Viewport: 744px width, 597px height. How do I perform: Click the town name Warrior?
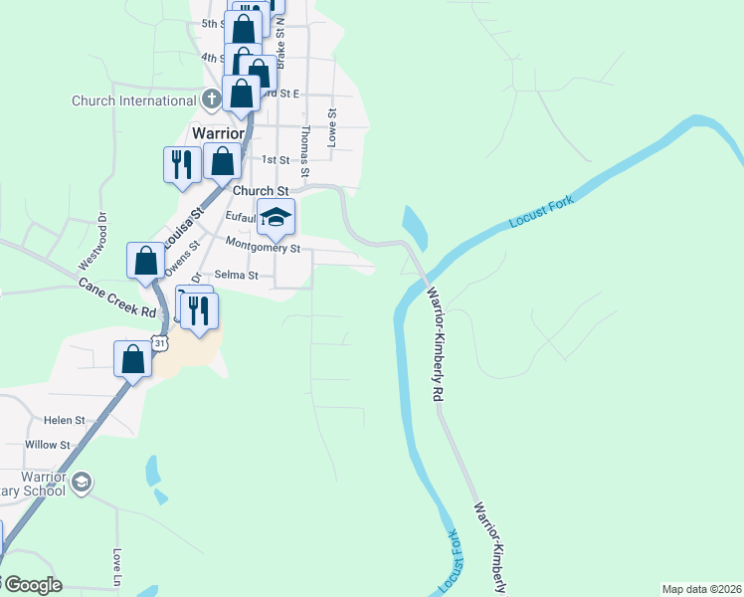coord(218,133)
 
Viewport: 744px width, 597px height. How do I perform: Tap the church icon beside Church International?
coord(211,100)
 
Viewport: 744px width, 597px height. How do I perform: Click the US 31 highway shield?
coord(160,342)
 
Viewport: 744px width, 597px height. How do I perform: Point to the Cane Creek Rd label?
coord(118,298)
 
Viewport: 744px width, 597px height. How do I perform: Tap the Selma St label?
coord(236,276)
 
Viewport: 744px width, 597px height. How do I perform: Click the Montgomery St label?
coord(263,243)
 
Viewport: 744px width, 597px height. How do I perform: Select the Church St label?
coord(261,189)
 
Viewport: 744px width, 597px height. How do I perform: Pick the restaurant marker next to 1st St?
coord(181,164)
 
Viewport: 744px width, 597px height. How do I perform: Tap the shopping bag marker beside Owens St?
coord(145,261)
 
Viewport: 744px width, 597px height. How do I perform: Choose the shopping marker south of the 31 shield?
coord(132,360)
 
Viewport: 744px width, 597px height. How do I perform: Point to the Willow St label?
coord(48,445)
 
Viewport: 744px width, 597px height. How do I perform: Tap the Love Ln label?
coord(117,566)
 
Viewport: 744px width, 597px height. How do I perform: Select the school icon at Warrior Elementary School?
coord(82,483)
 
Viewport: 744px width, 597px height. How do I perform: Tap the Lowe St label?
coord(333,127)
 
